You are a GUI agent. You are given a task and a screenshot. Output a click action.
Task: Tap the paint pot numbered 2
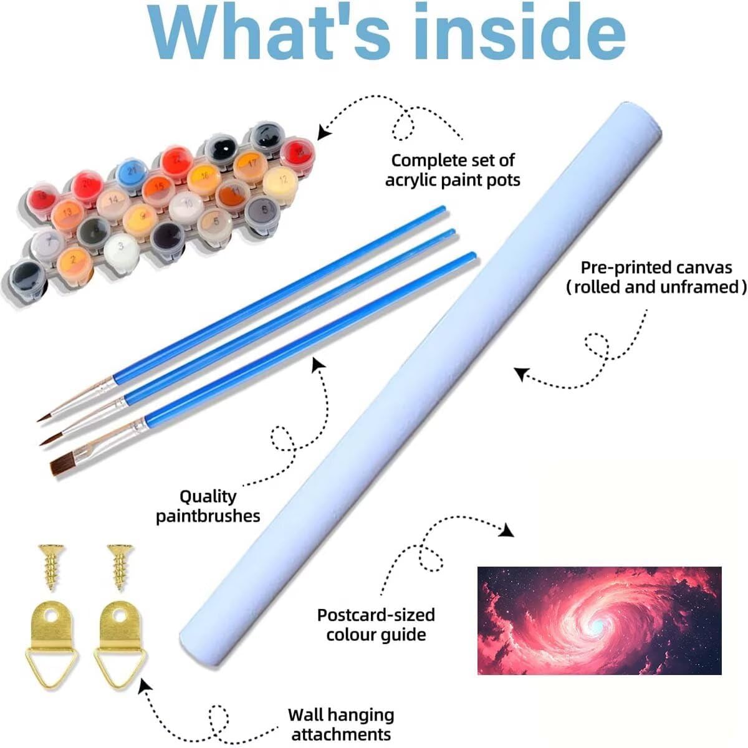tap(74, 257)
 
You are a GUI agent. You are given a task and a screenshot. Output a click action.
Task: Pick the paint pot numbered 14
tap(113, 199)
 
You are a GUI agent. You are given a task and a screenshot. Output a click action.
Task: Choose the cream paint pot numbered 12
tap(282, 180)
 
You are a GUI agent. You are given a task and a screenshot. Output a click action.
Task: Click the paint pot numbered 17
tap(250, 163)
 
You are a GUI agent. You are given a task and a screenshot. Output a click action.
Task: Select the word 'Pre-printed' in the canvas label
tap(624, 268)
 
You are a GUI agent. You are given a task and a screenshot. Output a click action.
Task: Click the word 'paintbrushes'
tap(208, 516)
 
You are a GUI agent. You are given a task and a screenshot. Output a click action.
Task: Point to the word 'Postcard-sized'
tap(375, 615)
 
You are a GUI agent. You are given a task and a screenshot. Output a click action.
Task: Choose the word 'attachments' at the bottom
tap(341, 734)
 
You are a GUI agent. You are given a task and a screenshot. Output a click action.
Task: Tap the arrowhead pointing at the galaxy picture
tap(508, 530)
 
